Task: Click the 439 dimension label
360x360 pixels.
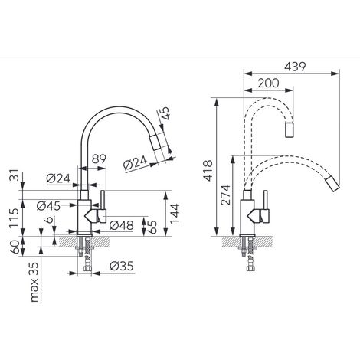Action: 295,67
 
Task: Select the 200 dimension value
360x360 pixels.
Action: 268,83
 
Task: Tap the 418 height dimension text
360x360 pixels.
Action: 209,171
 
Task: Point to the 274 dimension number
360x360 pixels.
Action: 226,195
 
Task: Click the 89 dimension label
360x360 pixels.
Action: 99,159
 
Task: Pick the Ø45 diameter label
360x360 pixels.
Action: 48,206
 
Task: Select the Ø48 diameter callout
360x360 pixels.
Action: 121,225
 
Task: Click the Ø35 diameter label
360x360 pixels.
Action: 122,267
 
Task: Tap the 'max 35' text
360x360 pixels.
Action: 34,282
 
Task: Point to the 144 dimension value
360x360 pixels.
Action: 175,214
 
